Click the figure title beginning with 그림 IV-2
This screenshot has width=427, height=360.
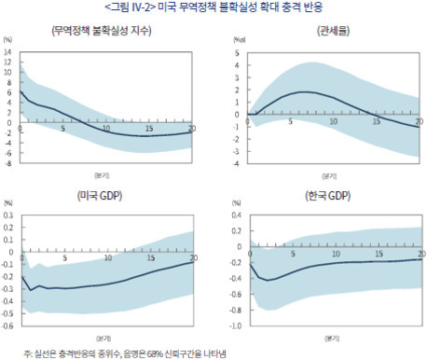pos(213,7)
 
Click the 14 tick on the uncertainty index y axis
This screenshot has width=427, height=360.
pos(8,53)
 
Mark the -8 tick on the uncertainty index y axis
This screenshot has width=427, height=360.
pos(8,163)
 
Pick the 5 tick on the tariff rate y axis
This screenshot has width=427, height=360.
pos(236,53)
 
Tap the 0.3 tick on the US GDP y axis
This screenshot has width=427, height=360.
pos(8,215)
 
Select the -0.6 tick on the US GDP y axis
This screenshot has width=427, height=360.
pos(7,325)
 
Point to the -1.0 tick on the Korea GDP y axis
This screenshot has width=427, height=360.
pos(235,325)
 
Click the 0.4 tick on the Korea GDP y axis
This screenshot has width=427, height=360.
pos(236,215)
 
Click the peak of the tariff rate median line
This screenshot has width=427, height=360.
pos(302,92)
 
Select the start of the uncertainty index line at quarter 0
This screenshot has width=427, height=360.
pos(20,90)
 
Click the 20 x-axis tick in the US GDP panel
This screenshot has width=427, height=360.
pos(192,258)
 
